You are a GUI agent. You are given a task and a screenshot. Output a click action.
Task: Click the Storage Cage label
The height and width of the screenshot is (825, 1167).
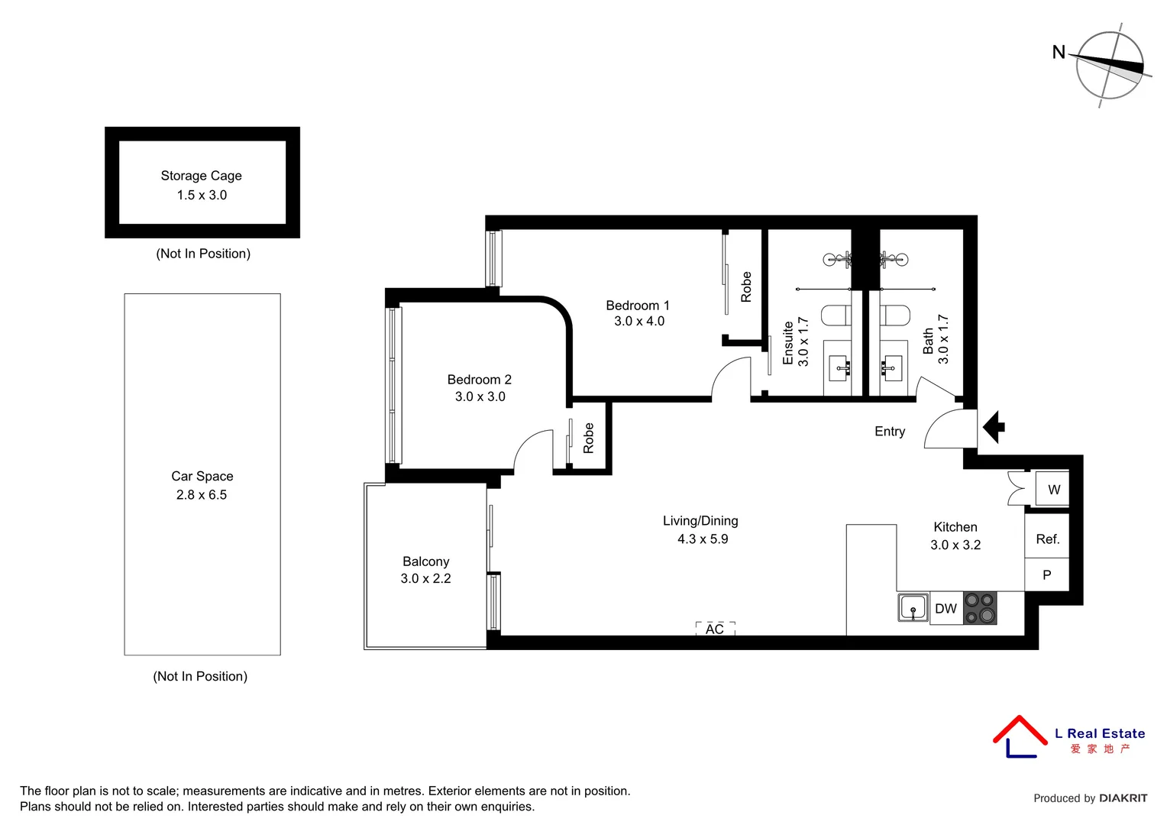[x=201, y=176]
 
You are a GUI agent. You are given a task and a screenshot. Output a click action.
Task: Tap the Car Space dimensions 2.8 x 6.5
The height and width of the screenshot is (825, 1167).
[x=202, y=495]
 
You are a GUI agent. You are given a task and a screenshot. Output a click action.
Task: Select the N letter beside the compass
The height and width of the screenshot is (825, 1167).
[x=1059, y=52]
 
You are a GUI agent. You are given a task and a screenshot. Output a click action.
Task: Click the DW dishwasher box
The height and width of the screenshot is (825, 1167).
[x=946, y=609]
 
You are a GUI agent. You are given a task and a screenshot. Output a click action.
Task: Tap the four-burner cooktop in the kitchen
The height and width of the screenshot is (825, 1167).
[x=980, y=608]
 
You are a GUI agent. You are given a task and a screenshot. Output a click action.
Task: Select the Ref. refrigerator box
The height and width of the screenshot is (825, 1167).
[x=1047, y=539]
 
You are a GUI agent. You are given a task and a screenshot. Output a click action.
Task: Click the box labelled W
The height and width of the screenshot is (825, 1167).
[x=1053, y=490]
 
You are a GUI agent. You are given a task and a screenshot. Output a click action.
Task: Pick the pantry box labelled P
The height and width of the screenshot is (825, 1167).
[x=1046, y=574]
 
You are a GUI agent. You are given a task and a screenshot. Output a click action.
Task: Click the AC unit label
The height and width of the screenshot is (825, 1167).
[x=715, y=629]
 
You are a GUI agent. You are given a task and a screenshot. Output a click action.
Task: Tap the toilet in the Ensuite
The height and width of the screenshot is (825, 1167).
[x=836, y=315]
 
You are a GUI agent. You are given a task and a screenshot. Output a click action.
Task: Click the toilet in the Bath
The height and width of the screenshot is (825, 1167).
[x=894, y=315]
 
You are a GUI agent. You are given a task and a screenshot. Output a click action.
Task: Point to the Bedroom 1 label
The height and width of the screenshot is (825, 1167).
[x=638, y=306]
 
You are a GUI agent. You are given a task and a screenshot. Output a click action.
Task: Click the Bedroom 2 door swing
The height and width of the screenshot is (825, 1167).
[x=532, y=451]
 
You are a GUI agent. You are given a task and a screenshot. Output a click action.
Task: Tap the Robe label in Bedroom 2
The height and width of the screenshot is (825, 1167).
[x=589, y=438]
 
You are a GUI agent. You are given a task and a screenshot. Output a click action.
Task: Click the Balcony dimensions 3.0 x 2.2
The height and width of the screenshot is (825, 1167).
[x=425, y=579]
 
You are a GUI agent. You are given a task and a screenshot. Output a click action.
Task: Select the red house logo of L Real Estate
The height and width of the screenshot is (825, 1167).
[x=1019, y=736]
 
